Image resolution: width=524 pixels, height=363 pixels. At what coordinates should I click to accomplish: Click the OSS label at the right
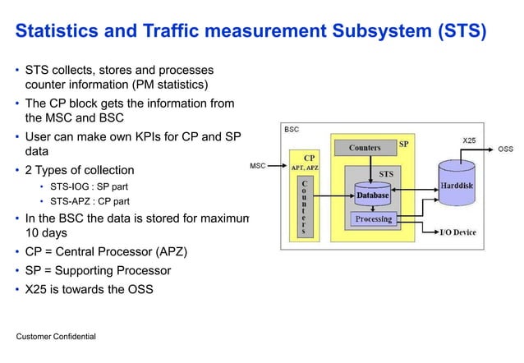point(506,149)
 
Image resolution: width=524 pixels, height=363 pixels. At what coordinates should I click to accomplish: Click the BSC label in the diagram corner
point(292,130)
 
